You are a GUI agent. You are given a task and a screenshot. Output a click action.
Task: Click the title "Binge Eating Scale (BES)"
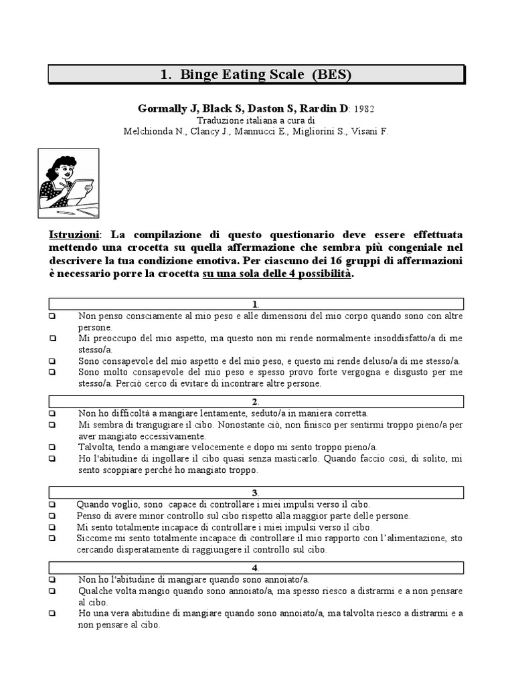coord(257,75)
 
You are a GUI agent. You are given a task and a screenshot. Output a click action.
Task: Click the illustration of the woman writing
coord(68,183)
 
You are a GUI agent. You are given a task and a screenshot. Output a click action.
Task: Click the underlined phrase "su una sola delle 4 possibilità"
coord(276,274)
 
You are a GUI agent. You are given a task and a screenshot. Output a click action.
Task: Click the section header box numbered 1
coord(257,304)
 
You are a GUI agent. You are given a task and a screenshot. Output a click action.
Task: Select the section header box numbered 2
coord(257,401)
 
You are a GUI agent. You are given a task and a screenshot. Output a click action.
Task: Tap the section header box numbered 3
coord(257,493)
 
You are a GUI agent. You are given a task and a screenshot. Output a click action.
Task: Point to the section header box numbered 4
coord(257,568)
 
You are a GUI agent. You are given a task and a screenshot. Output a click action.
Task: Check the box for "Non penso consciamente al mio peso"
coord(52,316)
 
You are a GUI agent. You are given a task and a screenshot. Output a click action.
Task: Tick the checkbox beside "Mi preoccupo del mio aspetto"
coord(52,338)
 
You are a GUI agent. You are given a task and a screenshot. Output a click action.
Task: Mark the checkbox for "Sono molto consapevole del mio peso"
coord(52,372)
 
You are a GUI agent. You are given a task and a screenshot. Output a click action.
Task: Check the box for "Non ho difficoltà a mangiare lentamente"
coord(52,413)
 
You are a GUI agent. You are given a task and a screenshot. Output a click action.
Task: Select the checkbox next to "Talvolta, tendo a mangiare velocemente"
coord(52,447)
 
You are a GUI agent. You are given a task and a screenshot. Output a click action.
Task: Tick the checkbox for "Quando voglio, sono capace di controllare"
coord(52,504)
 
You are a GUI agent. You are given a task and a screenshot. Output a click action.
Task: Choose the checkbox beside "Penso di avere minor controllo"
coord(52,516)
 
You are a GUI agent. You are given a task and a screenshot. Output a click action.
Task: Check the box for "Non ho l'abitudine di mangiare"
coord(52,580)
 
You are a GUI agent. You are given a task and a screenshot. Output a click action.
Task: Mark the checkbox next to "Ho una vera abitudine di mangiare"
coord(52,613)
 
